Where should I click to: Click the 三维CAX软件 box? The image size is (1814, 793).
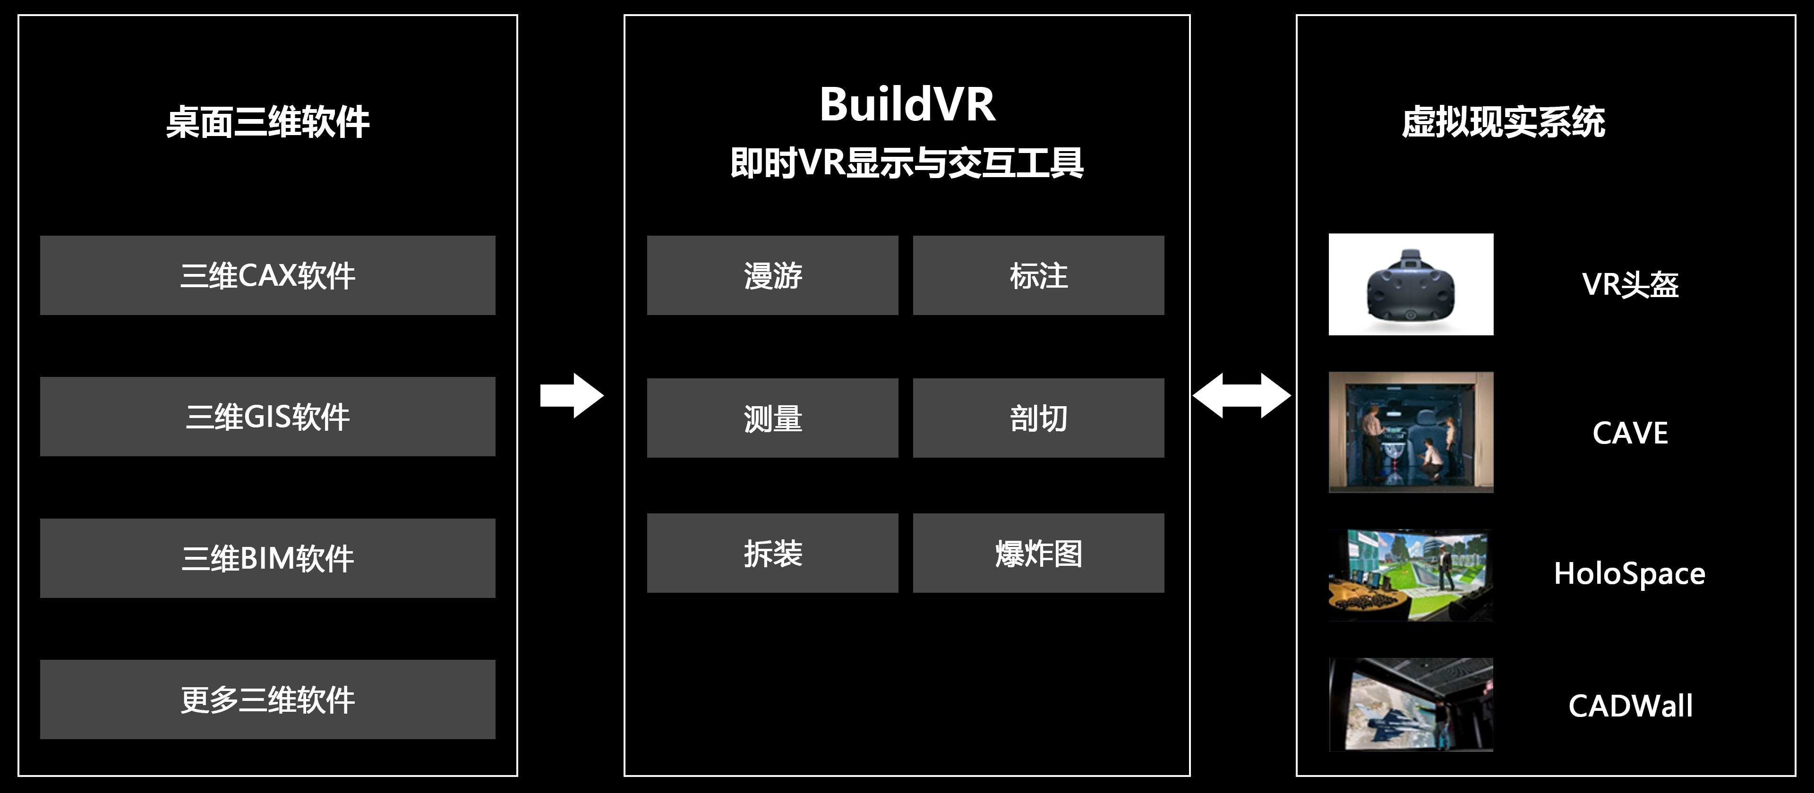267,275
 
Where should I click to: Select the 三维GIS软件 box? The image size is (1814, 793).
267,417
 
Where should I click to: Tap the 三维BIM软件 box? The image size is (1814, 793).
267,558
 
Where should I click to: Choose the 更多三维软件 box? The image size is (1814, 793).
267,699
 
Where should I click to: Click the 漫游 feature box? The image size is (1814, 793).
772,275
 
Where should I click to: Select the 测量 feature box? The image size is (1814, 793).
772,418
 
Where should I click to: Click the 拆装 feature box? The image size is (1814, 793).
772,554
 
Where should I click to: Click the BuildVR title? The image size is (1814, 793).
907,104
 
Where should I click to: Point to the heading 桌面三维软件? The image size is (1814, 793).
267,122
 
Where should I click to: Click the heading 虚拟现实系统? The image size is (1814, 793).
1504,122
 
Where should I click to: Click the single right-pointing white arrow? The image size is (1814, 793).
571,396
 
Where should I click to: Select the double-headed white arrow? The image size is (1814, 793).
1241,396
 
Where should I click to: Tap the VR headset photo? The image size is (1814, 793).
1411,284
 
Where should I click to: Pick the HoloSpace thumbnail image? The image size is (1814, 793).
1411,575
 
